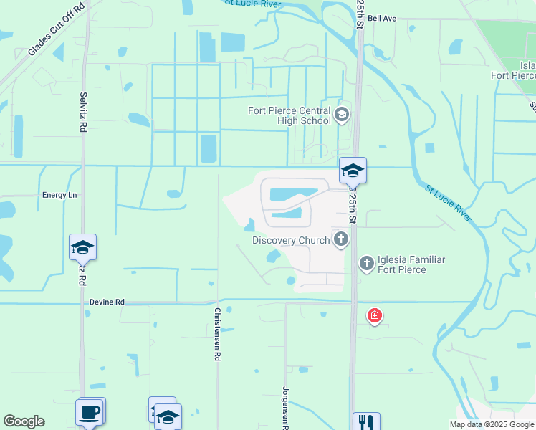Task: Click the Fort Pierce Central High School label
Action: coord(289,115)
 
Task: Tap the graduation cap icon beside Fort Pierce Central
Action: coord(342,115)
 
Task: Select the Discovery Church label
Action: coord(290,240)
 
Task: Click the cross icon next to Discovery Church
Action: coord(340,239)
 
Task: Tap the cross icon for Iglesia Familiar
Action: coord(366,264)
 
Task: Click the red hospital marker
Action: coord(374,315)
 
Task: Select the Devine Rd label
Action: coord(107,302)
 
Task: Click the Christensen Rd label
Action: coord(217,334)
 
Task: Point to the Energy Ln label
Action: coord(59,195)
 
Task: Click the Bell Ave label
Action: coord(384,18)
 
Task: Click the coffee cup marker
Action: coord(90,413)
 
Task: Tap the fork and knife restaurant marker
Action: coord(365,422)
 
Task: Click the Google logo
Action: coord(24,421)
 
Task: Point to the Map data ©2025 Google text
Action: coord(491,424)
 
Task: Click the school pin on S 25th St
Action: coord(353,171)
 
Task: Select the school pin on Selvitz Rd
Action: coord(82,248)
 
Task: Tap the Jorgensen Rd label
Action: coord(285,408)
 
